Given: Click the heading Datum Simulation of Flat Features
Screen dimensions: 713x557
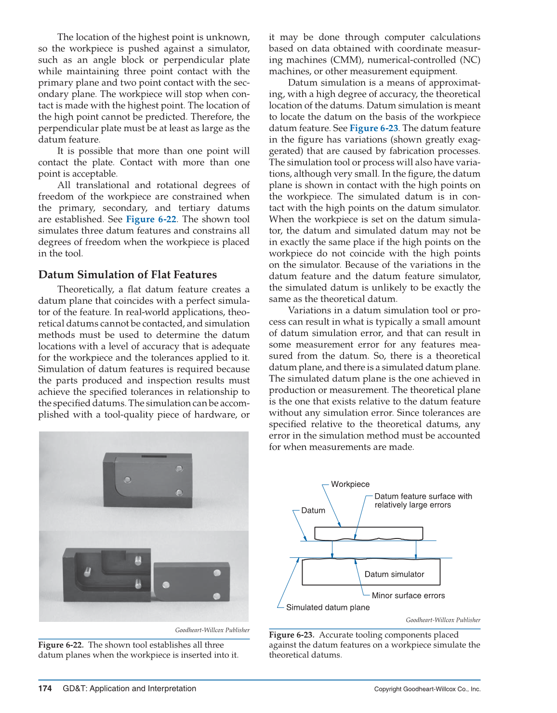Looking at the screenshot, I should [x=128, y=275].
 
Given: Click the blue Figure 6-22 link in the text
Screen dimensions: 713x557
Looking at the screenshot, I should [x=151, y=219].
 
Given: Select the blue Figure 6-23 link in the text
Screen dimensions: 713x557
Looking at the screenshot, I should [x=374, y=128].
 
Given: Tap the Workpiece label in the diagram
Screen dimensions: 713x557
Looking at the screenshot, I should [x=350, y=484].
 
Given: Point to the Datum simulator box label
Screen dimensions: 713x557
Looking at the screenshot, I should [x=394, y=575].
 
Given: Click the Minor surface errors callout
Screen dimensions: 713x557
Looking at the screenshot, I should [x=408, y=596].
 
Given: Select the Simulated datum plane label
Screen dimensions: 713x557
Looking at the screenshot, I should [x=328, y=608].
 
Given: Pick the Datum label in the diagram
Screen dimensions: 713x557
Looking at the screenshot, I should [x=313, y=511].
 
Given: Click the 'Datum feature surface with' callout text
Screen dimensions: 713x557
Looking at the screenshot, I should [x=423, y=497].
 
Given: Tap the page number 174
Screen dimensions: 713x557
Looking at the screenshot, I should [x=45, y=689].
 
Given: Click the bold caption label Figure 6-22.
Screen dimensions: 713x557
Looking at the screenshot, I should [x=61, y=645].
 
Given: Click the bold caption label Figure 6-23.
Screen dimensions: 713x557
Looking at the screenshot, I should [x=292, y=635].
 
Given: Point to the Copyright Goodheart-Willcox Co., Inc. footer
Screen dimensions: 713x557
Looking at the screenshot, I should [x=427, y=689].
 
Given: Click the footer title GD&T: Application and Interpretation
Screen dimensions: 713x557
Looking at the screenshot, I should [x=129, y=689].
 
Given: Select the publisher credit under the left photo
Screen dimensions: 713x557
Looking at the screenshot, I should [x=212, y=630].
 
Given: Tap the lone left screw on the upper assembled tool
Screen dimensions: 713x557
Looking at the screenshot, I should [x=128, y=480].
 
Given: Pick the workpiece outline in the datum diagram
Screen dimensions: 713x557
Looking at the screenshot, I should [x=369, y=533].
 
